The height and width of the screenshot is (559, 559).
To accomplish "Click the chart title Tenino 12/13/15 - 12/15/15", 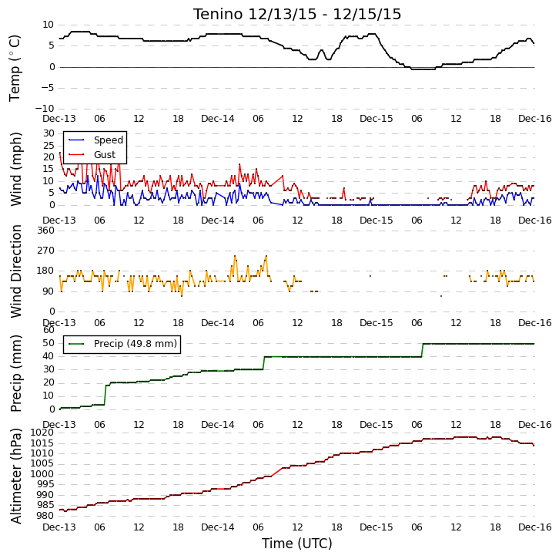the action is [297, 15].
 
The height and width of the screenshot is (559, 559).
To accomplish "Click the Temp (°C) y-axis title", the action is [15, 68].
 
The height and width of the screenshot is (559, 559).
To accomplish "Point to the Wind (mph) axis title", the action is [15, 169].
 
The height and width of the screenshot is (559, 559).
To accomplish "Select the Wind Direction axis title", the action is [15, 271].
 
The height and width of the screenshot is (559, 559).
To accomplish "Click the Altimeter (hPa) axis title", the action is [15, 476].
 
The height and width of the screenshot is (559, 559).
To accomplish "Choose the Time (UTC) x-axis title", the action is [297, 544].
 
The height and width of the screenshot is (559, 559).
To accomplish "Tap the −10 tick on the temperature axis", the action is [45, 109].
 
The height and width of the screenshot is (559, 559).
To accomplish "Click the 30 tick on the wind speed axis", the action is [49, 133].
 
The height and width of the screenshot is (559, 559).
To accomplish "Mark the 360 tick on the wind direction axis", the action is [46, 231].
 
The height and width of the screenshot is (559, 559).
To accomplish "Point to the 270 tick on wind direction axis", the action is [46, 251].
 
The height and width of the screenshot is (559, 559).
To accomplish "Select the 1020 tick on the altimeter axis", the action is [43, 433].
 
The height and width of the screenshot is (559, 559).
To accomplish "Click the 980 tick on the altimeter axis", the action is [46, 516].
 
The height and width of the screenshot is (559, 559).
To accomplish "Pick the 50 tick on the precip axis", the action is [49, 343].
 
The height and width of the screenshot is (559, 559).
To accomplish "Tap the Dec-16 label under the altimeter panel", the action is [535, 527].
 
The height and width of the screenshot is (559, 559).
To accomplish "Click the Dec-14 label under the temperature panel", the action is [218, 119].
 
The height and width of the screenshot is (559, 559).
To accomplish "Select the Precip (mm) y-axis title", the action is [15, 373].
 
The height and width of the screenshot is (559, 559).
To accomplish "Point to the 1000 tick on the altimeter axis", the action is [43, 474].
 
